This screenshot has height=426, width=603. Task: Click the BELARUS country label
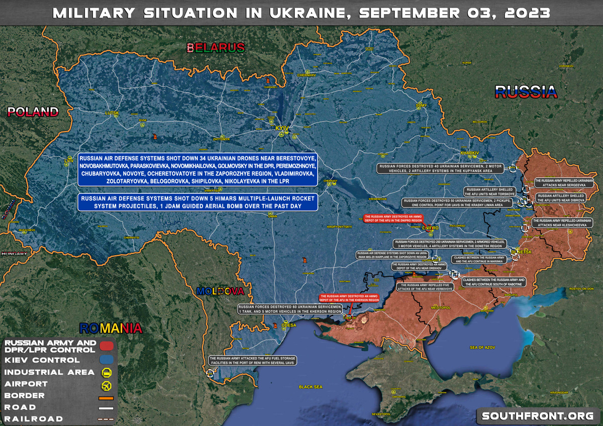point(216,48)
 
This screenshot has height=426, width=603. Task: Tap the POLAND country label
point(33,112)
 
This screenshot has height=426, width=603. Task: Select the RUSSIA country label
point(526,91)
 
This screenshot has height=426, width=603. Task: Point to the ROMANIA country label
point(111,329)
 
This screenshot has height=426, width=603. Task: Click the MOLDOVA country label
point(221,291)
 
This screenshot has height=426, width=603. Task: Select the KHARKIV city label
point(470,153)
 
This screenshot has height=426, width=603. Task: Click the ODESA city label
point(288,325)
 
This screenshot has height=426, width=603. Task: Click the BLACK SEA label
point(311,387)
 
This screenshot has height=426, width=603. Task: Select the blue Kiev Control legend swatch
point(106,360)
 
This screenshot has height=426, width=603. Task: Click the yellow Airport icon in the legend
point(106,385)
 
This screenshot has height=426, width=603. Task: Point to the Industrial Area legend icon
point(106,372)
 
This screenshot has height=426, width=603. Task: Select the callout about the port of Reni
point(252,360)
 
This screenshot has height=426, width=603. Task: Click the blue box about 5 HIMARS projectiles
point(197,202)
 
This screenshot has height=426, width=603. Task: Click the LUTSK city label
point(112,114)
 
